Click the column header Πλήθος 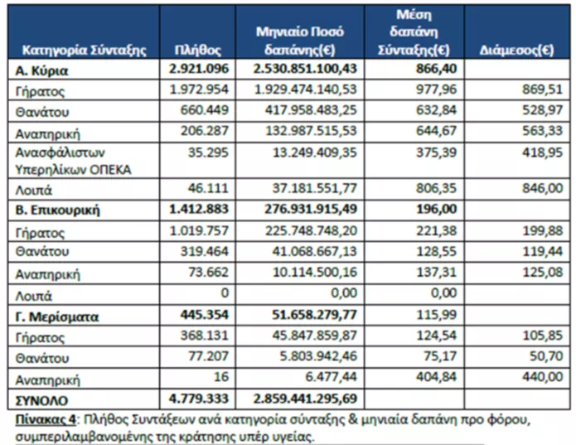click(x=197, y=50)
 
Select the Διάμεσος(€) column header click(x=517, y=50)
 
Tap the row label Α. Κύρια click(x=41, y=70)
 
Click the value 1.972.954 click(x=199, y=89)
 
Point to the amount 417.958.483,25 click(x=311, y=109)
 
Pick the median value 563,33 click(x=543, y=130)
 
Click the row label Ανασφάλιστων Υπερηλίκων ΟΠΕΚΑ click(x=73, y=161)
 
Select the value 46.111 click(x=208, y=188)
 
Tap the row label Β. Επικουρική click(x=57, y=210)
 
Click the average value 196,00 click(x=437, y=209)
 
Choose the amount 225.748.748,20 click(x=311, y=230)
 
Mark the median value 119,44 click(x=543, y=251)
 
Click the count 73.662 click(x=208, y=272)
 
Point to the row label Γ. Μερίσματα click(x=57, y=317)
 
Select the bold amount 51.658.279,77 click(x=314, y=315)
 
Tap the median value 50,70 click(x=546, y=356)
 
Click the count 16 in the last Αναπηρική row click(x=220, y=377)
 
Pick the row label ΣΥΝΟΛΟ click(x=41, y=400)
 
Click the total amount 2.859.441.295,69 click(x=305, y=399)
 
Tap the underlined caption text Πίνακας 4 click(x=46, y=419)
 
